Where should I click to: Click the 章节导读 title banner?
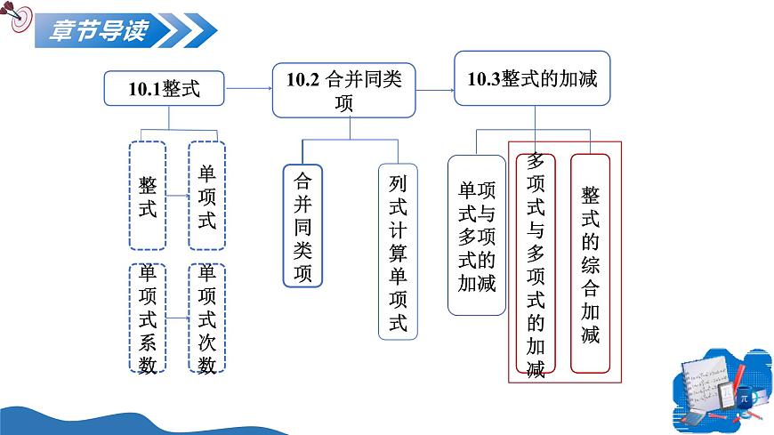(x=125, y=30)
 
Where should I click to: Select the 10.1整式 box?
(x=164, y=88)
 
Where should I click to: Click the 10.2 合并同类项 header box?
(x=344, y=91)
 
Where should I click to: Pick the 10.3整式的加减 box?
(x=532, y=78)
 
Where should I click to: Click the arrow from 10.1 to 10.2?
(x=248, y=88)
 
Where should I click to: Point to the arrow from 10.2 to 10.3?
(x=435, y=91)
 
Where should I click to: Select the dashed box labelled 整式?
(x=148, y=196)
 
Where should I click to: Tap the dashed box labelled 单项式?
(x=206, y=196)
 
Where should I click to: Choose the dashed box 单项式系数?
(x=148, y=318)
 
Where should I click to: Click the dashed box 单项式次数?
(x=206, y=318)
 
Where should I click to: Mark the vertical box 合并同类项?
(x=302, y=226)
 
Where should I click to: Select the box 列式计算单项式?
(x=398, y=252)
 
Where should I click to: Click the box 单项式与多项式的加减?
(x=477, y=235)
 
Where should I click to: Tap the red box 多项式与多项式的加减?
(x=536, y=263)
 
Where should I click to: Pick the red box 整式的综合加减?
(x=591, y=263)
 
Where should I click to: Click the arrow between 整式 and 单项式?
(x=177, y=196)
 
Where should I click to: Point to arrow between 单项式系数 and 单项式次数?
(x=177, y=318)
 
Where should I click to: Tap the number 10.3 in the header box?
(x=484, y=79)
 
